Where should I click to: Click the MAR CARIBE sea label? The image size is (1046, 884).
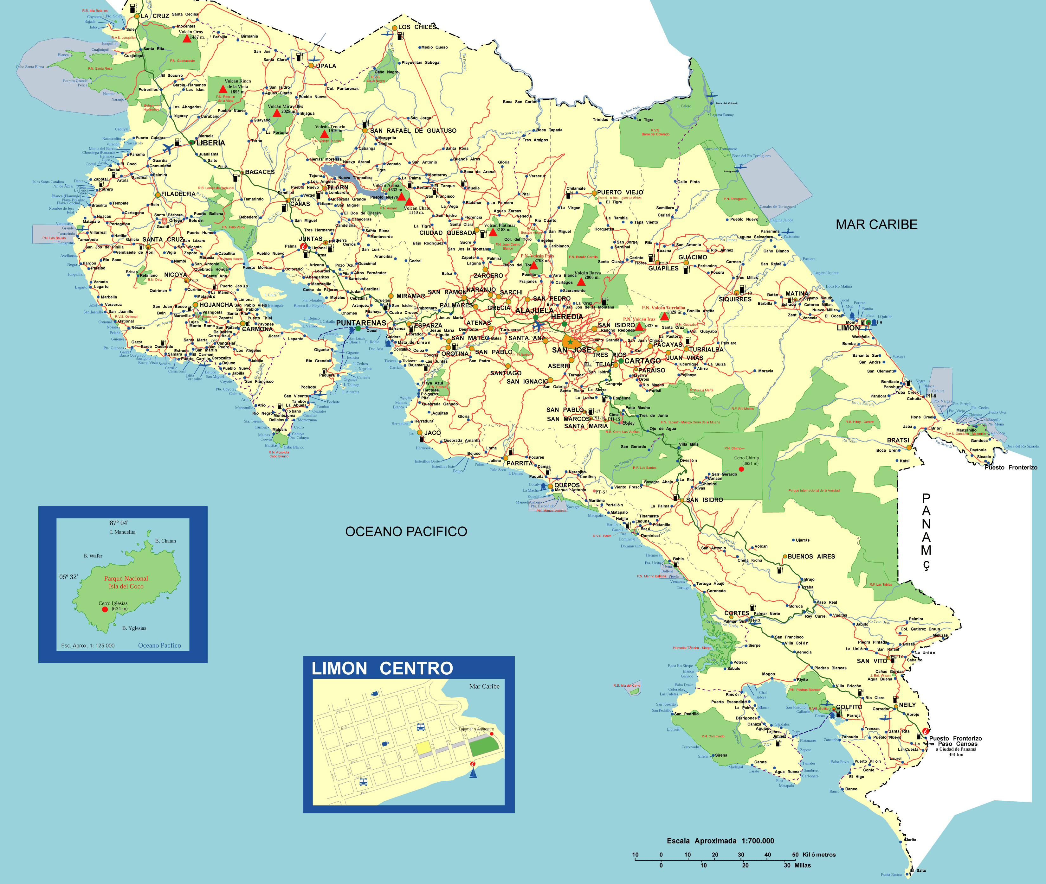876,225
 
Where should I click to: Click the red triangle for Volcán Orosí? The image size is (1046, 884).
186,39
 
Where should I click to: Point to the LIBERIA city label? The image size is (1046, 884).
210,143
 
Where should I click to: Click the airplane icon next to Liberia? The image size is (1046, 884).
168,148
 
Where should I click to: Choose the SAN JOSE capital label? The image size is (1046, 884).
571,350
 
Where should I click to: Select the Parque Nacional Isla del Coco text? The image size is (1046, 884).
126,582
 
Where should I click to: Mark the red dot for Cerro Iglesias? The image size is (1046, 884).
105,609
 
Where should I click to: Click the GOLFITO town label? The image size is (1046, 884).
849,707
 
